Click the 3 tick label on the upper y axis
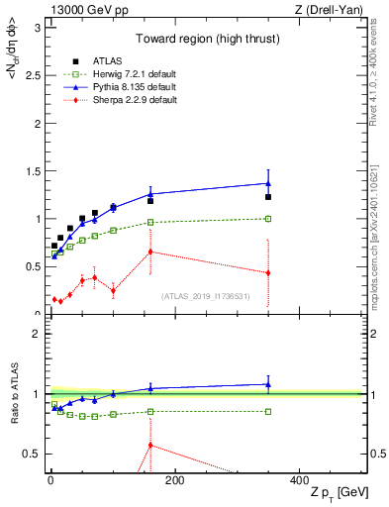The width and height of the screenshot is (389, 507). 38,28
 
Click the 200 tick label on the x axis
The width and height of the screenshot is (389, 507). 174,480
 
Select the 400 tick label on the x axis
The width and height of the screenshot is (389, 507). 298,480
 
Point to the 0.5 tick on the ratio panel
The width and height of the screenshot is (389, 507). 33,454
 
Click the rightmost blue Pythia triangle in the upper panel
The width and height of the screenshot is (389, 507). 268,182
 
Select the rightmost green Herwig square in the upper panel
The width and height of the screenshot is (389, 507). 268,219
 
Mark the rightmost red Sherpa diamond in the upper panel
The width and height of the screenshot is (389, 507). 268,273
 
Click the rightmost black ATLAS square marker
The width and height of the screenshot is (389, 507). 268,197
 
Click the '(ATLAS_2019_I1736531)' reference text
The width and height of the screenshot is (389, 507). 206,295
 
